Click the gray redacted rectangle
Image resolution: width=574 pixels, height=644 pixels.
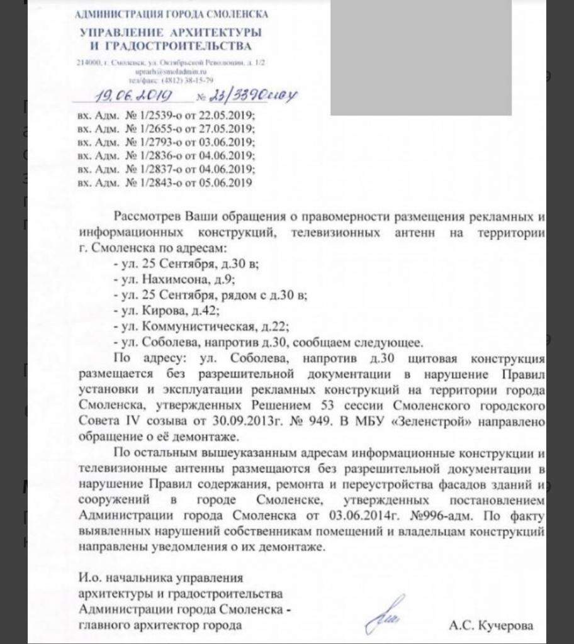coord(420,58)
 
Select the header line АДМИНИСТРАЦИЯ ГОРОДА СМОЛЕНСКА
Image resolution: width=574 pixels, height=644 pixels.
coord(171,14)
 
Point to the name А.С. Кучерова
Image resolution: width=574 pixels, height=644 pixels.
coord(491,626)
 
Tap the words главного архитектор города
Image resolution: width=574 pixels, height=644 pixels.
coord(160,626)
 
